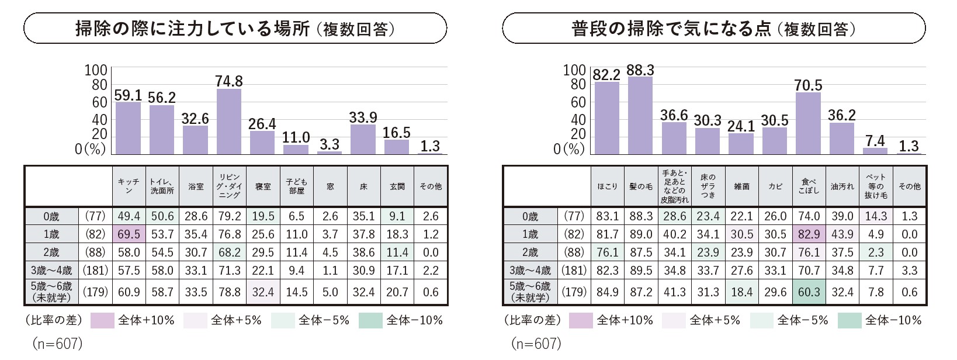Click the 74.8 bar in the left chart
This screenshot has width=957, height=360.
pos(228,121)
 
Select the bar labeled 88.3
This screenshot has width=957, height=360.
pos(640,115)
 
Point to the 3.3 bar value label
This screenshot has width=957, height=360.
pos(330,144)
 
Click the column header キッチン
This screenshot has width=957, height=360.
pos(129,186)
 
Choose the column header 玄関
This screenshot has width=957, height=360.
pos(397,186)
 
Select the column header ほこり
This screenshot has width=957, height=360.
pos(607,186)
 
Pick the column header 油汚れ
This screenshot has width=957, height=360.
pos(842,186)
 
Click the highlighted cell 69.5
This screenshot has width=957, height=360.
pos(129,234)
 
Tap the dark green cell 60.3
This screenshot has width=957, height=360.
pos(809,292)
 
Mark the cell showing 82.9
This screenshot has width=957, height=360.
pos(809,234)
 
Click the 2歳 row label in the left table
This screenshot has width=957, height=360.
pos(51,252)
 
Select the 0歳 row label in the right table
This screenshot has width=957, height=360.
pos(530,216)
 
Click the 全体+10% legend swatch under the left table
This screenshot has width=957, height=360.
pos(102,320)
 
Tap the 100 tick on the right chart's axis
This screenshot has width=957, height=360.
pos(574,71)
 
